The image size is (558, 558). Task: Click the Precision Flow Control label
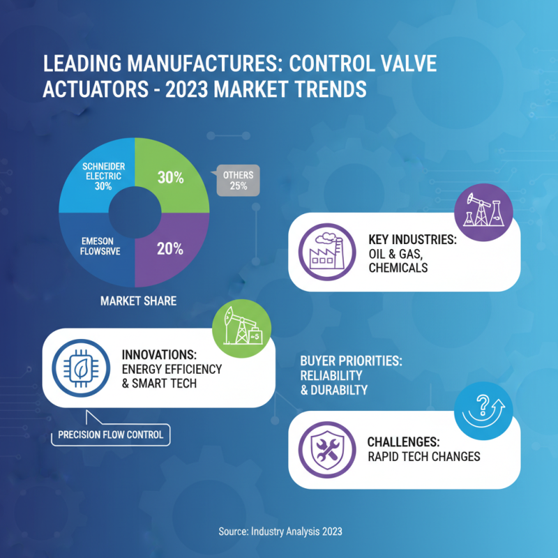112,435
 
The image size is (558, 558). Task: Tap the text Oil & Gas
396,254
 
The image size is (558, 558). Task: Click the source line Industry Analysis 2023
280,531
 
